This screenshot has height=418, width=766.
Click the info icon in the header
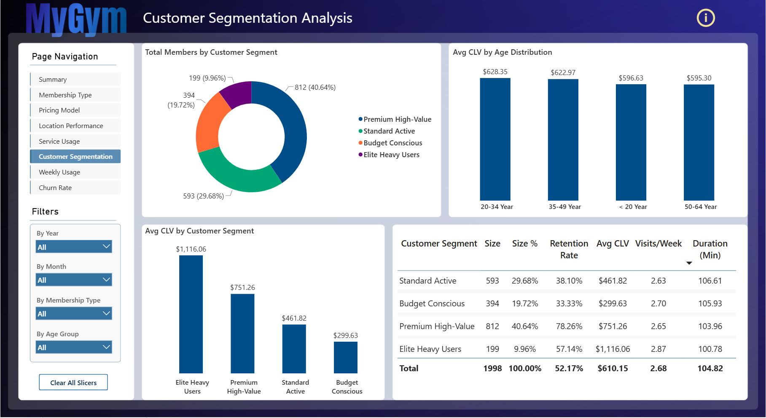706,18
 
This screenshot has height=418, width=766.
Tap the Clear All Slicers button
73,382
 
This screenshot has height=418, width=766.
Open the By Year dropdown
74,247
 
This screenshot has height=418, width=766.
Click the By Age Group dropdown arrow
106,347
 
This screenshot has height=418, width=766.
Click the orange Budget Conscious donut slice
210,123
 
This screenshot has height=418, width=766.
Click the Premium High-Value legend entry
395,119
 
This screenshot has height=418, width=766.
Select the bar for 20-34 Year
495,139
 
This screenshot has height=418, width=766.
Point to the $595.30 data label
699,78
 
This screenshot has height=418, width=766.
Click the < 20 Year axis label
633,206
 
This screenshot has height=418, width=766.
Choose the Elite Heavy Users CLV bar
191,314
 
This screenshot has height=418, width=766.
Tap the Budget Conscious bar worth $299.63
346,357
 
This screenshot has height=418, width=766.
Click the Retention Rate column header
569,249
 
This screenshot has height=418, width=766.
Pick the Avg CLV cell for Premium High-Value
613,326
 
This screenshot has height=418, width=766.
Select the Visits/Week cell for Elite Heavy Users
658,349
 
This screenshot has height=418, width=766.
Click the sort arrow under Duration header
689,263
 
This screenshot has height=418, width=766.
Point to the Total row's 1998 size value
492,368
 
